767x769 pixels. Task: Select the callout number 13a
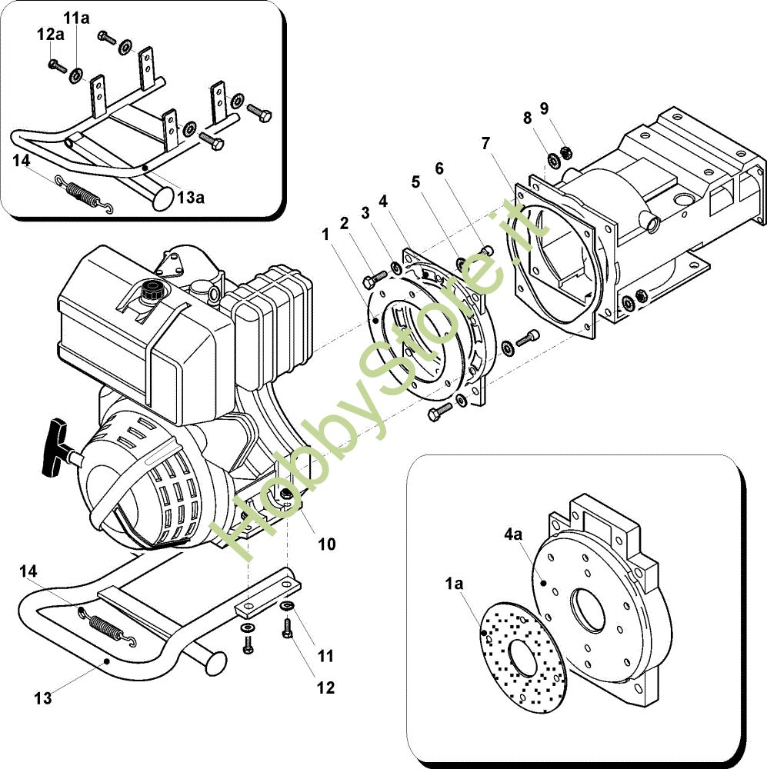pyautogui.click(x=191, y=197)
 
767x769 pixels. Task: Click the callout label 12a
pyautogui.click(x=51, y=35)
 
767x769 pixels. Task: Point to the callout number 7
pyautogui.click(x=485, y=143)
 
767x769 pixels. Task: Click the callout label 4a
pyautogui.click(x=513, y=534)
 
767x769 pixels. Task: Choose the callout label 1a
pyautogui.click(x=454, y=584)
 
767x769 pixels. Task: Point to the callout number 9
pyautogui.click(x=544, y=108)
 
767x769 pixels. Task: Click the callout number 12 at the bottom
pyautogui.click(x=326, y=687)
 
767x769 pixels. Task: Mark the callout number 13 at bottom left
pyautogui.click(x=42, y=698)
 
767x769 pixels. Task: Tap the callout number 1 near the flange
pyautogui.click(x=325, y=235)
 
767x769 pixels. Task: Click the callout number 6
pyautogui.click(x=439, y=168)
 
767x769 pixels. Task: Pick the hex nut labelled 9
pyautogui.click(x=565, y=153)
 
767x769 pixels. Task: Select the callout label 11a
pyautogui.click(x=76, y=18)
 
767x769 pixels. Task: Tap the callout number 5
pyautogui.click(x=415, y=182)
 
